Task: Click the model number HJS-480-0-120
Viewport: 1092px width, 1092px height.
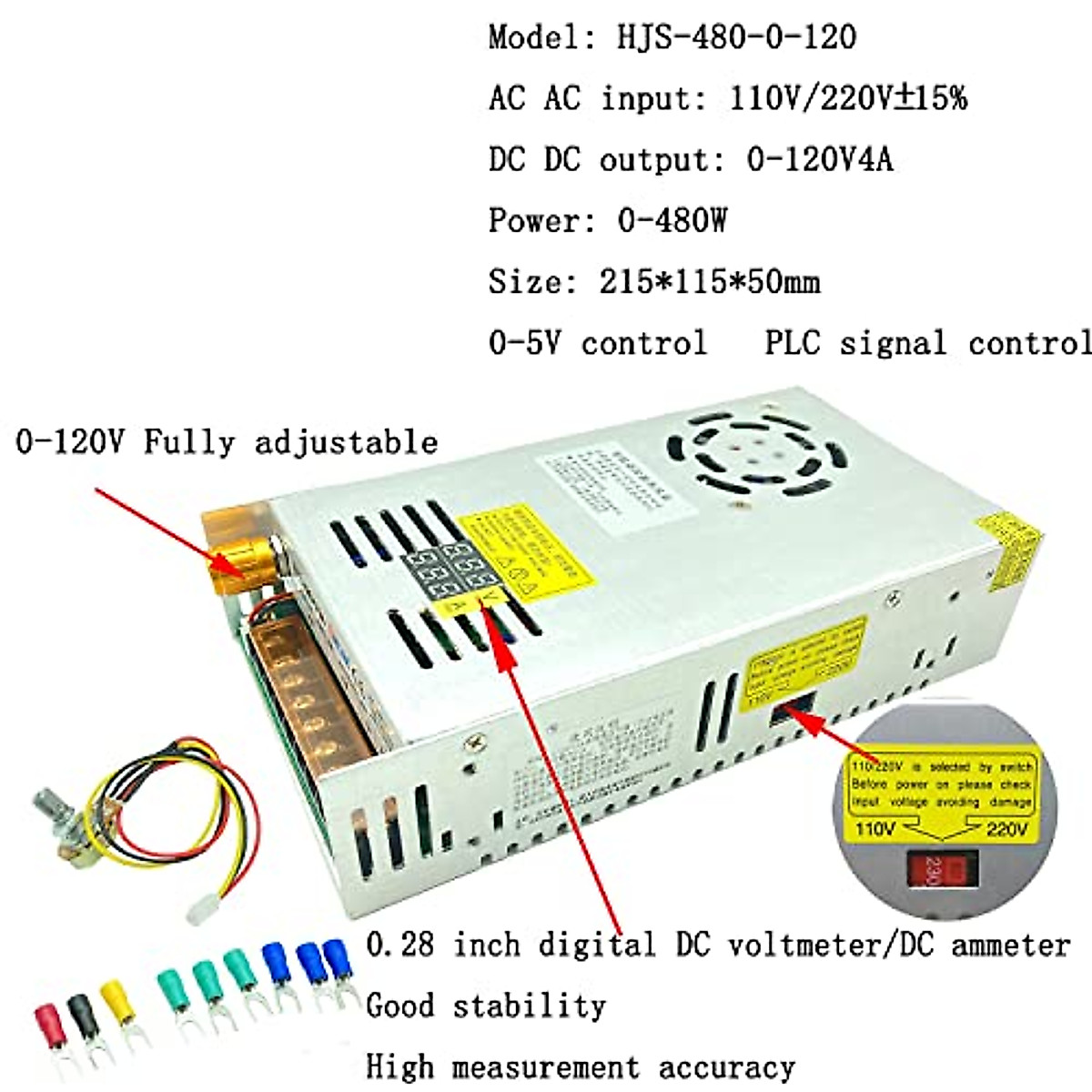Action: [736, 36]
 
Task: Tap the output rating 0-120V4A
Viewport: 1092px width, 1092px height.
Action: [819, 159]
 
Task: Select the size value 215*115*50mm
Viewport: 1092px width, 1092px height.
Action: [709, 281]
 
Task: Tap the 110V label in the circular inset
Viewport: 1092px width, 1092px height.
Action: [875, 828]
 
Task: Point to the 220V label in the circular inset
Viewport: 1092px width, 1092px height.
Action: [1006, 828]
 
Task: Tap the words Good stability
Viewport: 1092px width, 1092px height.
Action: [485, 1006]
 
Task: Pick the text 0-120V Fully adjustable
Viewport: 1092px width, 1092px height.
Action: [227, 442]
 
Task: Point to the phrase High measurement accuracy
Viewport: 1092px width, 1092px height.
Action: [580, 1066]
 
